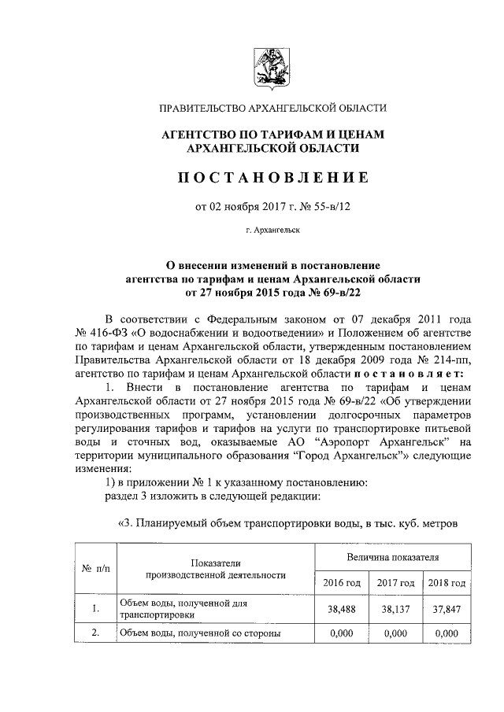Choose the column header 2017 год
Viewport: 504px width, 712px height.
[x=395, y=583]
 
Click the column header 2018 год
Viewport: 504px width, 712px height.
[x=447, y=583]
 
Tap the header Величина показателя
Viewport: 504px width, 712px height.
[x=393, y=557]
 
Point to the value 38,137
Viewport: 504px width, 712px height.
[x=395, y=608]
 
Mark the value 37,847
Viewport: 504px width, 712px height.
[x=447, y=608]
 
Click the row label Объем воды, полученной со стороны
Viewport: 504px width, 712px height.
[x=201, y=633]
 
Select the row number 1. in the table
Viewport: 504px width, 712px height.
[x=95, y=608]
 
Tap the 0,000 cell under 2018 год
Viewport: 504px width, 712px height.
[x=447, y=633]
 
